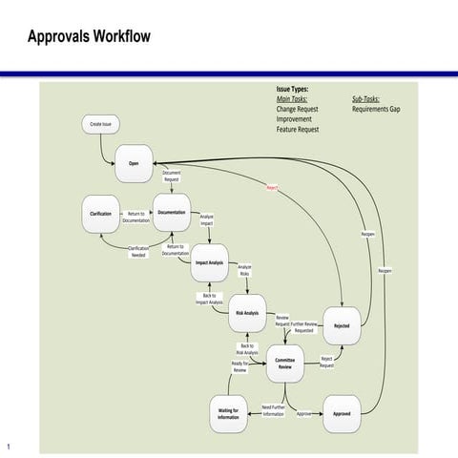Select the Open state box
point(134,164)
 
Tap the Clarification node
point(100,213)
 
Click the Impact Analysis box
point(209,262)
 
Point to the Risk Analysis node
point(247,313)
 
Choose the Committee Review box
point(284,363)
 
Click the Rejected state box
point(342,325)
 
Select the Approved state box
point(342,413)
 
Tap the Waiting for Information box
point(228,413)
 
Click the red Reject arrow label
point(272,189)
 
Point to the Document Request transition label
point(172,177)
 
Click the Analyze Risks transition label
point(244,270)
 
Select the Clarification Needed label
point(138,251)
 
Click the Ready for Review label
point(239,366)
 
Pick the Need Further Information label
point(273,410)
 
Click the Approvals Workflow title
point(89,37)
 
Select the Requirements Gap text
point(376,110)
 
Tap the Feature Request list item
point(298,129)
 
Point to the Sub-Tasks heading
point(365,99)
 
